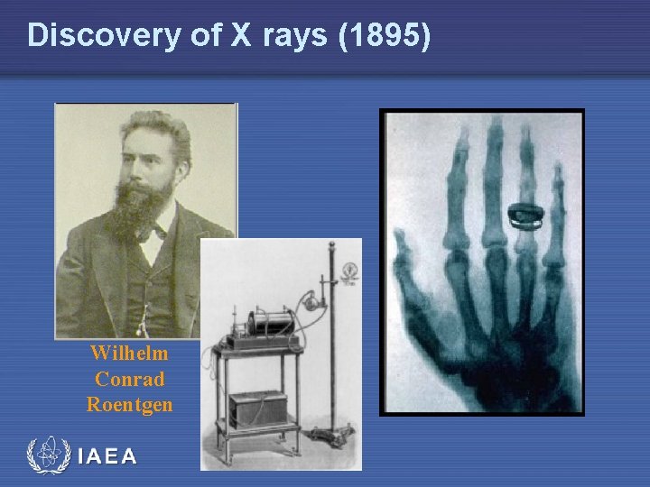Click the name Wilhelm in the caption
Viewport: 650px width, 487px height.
coord(129,353)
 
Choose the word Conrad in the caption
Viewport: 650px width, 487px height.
coord(129,379)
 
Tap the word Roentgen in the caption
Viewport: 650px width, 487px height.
coord(129,405)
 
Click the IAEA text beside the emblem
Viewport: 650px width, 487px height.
coord(107,456)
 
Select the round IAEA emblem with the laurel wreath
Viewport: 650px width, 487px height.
coord(49,455)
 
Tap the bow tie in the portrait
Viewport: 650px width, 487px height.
coord(153,232)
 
